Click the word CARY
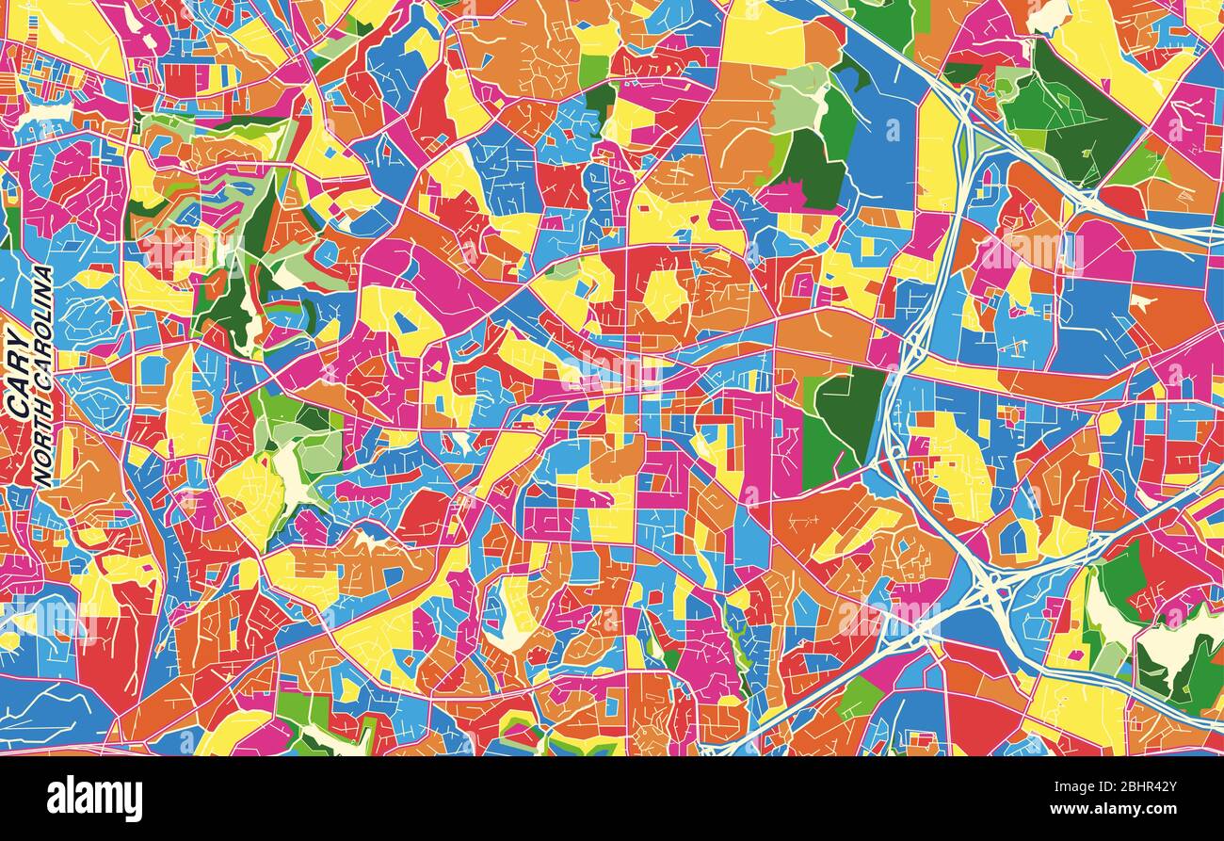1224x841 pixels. [x=19, y=373]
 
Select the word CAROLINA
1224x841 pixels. [x=42, y=334]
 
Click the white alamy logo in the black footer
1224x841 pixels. [x=94, y=799]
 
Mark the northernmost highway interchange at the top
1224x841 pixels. [x=962, y=99]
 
